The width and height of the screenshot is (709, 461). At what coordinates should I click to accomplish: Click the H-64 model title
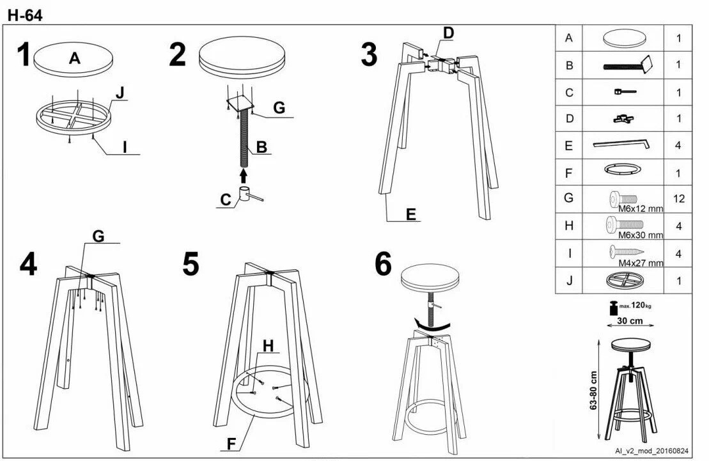coord(25,15)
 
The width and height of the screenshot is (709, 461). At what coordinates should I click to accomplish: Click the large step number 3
coord(369,55)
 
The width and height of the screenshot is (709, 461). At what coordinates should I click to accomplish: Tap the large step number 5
coord(191,264)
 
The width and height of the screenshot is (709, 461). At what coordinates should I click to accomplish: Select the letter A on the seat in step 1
coord(75,58)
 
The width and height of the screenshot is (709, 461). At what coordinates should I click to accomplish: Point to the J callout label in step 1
coord(120,93)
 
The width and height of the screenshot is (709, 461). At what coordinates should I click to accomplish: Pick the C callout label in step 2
coord(226,199)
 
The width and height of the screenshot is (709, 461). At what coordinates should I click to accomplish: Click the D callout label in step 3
coord(448,33)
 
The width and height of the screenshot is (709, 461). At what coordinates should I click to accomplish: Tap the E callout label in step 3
coord(410,214)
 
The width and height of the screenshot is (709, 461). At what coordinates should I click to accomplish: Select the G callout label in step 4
coord(98,236)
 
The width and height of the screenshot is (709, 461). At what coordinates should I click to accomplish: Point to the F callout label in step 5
coord(231,444)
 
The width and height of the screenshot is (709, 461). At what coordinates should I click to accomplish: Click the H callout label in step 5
coord(268,346)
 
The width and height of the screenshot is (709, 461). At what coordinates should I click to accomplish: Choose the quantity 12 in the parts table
coord(678,199)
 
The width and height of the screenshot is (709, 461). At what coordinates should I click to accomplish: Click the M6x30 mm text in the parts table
coord(641,235)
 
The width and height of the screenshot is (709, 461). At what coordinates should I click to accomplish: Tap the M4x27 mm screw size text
coord(641,263)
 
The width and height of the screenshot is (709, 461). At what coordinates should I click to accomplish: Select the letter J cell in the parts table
coord(569,281)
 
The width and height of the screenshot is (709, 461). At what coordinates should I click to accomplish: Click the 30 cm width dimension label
coord(630,321)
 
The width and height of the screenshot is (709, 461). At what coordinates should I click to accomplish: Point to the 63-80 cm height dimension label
coord(594,391)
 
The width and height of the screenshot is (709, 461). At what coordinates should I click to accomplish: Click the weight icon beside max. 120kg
coord(613,308)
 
